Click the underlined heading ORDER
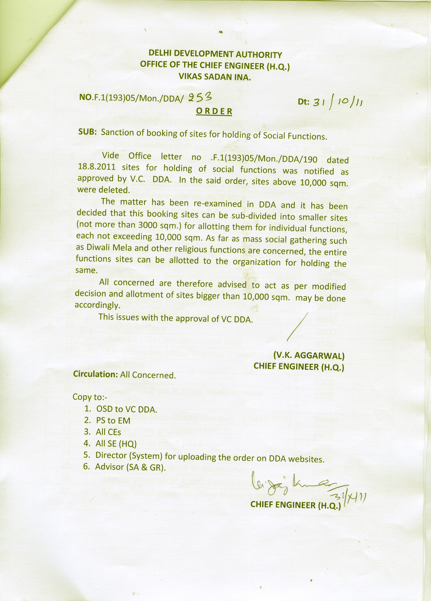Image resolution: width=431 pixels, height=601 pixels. pyautogui.click(x=214, y=111)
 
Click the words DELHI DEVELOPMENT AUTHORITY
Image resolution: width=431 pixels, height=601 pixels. pyautogui.click(x=215, y=54)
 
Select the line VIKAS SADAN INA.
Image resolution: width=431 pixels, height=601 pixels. pyautogui.click(x=214, y=77)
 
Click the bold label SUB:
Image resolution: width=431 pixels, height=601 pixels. pyautogui.click(x=87, y=132)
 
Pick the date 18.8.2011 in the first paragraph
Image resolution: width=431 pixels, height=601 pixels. pyautogui.click(x=97, y=167)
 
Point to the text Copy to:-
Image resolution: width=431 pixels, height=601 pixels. pyautogui.click(x=90, y=397)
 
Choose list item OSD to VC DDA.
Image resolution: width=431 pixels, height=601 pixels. pyautogui.click(x=126, y=409)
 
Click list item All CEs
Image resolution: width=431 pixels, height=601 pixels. pyautogui.click(x=108, y=432)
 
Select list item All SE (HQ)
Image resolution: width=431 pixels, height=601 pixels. pyautogui.click(x=116, y=443)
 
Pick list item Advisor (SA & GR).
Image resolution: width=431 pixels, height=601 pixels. pyautogui.click(x=131, y=467)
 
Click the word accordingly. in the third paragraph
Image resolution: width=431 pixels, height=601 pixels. pyautogui.click(x=97, y=305)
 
